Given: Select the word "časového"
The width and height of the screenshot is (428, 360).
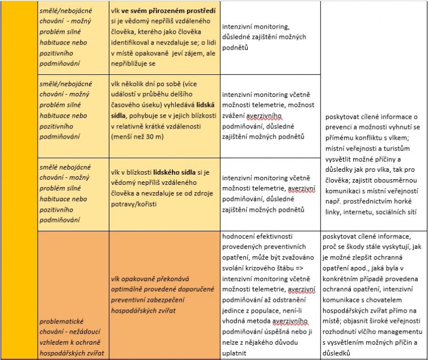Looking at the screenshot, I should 130,103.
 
